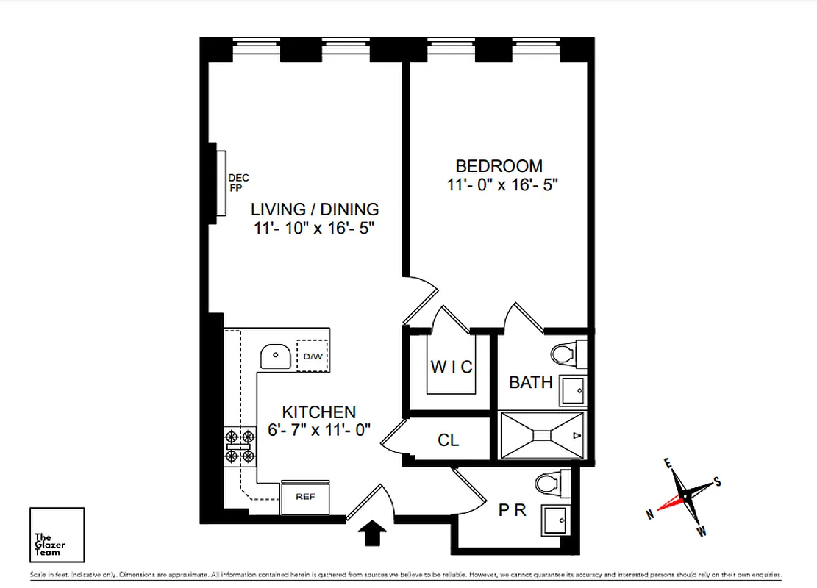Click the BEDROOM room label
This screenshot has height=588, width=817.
499,166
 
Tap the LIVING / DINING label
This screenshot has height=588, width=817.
315,209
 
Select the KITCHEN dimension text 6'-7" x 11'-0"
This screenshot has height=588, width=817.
320,431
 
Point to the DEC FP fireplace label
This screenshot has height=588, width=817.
238,182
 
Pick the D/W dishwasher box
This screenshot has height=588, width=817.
313,356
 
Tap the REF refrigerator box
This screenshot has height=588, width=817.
305,497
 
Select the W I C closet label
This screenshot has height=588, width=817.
452,367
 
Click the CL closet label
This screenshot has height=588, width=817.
448,440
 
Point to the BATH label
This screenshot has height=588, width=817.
530,382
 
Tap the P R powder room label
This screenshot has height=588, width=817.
512,509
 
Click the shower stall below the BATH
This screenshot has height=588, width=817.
543,436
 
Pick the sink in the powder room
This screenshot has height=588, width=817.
554,522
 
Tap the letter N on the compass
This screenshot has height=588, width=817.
650,515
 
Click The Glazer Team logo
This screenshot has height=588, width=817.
57,534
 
